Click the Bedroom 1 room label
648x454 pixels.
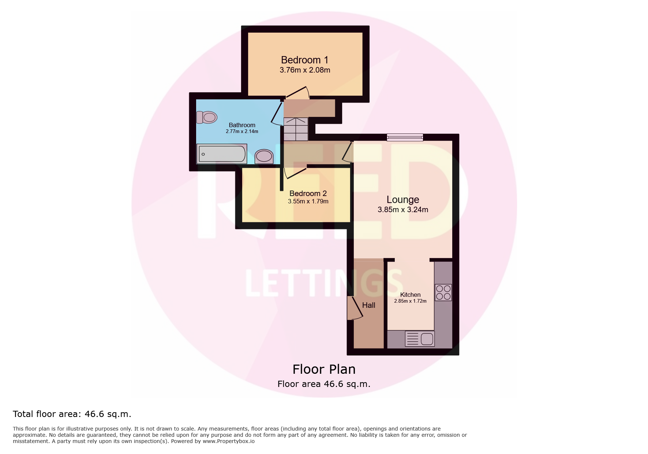tap(304, 60)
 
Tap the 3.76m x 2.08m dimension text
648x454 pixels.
tap(305, 70)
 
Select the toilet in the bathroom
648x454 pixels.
tap(207, 117)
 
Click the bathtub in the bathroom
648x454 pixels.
tap(222, 154)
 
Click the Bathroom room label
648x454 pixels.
tap(242, 125)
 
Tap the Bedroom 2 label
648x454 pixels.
tap(308, 193)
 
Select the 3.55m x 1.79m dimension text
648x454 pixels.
tap(308, 201)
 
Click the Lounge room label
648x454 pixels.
tap(403, 200)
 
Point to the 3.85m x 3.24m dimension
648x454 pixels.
tap(403, 210)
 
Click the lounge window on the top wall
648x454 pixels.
tap(405, 137)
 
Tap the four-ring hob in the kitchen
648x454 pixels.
tap(443, 292)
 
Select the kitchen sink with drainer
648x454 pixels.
tap(420, 339)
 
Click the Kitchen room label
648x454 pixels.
tap(410, 295)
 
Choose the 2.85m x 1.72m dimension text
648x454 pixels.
tap(410, 301)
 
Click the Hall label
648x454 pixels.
tap(368, 305)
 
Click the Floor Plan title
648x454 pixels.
tap(324, 369)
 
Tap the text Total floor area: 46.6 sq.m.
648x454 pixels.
tap(72, 414)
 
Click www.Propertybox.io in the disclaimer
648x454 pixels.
tap(229, 441)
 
